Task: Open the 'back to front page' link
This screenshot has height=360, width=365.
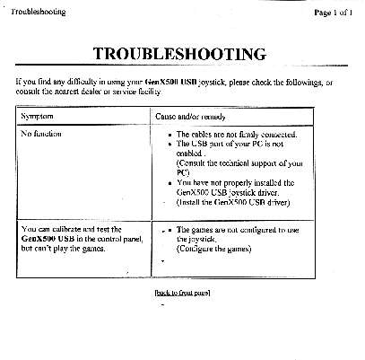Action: point(182,293)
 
